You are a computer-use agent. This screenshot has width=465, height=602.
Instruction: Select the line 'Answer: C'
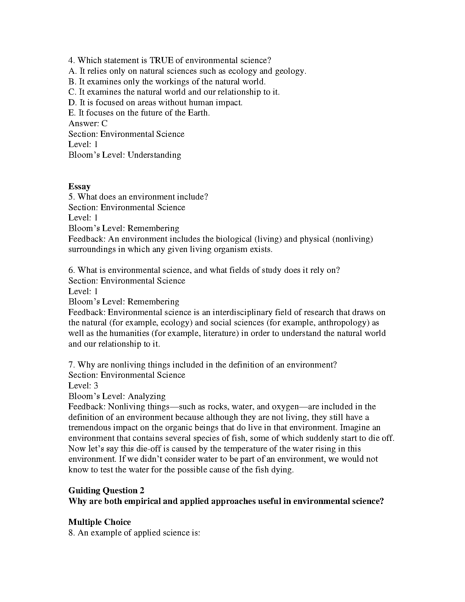[88, 123]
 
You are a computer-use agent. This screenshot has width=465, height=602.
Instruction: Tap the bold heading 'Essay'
[79, 186]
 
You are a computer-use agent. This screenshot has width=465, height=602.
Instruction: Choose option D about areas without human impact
[155, 102]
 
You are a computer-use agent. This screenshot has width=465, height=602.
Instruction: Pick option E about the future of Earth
[139, 113]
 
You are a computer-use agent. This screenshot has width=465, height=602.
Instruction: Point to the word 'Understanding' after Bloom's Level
[154, 155]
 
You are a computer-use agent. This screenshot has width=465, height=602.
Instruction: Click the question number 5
[72, 197]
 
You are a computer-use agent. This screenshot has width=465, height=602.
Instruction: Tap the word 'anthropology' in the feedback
[343, 323]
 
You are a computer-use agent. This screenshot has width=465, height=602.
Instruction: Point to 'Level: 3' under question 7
[83, 385]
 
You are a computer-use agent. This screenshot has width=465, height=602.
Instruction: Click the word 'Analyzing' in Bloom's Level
[147, 396]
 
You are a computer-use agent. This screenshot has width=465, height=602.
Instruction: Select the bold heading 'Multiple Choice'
[100, 522]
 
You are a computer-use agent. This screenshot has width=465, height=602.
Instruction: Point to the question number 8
[72, 532]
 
